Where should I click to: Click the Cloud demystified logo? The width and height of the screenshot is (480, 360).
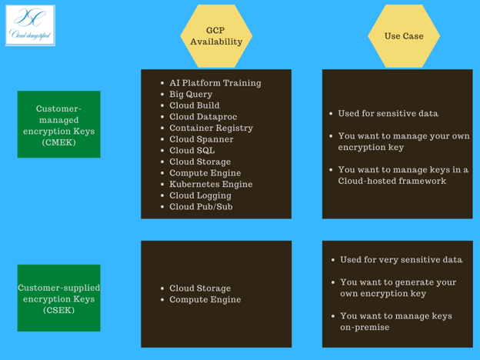coord(30,25)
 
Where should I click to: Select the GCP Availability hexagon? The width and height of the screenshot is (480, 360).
coord(215,36)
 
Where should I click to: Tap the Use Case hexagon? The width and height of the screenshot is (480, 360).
coord(403,36)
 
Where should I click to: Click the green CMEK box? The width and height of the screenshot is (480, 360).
coord(58,125)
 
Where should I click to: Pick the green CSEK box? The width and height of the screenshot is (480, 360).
coord(58,298)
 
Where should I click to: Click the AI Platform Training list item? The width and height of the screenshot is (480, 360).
coord(215,83)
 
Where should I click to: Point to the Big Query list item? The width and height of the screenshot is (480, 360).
coord(191,95)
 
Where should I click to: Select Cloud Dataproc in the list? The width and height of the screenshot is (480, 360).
coord(203,117)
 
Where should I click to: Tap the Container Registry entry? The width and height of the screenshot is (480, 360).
coord(211,128)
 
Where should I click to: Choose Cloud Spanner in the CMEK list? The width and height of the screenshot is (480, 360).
coord(201,139)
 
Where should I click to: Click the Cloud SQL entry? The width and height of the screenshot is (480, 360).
coord(192,151)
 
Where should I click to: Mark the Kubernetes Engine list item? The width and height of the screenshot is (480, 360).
coord(211,185)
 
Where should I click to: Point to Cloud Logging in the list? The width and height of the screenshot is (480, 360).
coord(200,195)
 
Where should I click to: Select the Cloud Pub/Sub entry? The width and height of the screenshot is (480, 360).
coord(201,207)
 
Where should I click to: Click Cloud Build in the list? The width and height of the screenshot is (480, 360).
coord(194,105)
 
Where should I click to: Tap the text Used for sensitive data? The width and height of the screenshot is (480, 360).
coord(388,114)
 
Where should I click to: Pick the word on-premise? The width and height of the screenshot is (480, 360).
coord(365,328)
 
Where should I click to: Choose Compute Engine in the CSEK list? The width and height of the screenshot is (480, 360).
coord(205,299)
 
